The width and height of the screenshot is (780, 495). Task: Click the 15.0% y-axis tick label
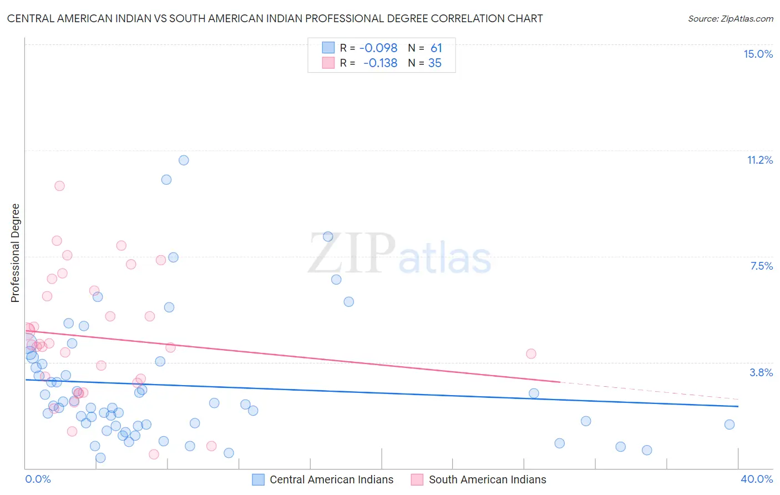[758, 54]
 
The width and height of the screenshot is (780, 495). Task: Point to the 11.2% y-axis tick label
[759, 160]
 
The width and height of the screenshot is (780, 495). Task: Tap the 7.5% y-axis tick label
[761, 266]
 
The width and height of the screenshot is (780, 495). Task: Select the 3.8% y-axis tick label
[761, 372]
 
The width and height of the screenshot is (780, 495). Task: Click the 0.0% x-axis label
[38, 479]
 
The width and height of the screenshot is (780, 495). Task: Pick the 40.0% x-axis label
[756, 479]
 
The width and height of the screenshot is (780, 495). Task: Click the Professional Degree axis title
[15, 253]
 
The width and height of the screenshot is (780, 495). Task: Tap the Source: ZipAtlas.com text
[730, 18]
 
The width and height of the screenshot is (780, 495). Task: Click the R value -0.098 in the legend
[378, 48]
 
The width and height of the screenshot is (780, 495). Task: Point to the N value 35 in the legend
[434, 63]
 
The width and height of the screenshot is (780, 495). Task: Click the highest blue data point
[184, 160]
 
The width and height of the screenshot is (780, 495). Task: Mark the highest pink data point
[59, 186]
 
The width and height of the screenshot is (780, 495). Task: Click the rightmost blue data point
[730, 425]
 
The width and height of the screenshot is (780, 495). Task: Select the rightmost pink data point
[531, 353]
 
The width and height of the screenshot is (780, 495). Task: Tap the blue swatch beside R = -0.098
[328, 48]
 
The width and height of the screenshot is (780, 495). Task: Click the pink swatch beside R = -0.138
[328, 63]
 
